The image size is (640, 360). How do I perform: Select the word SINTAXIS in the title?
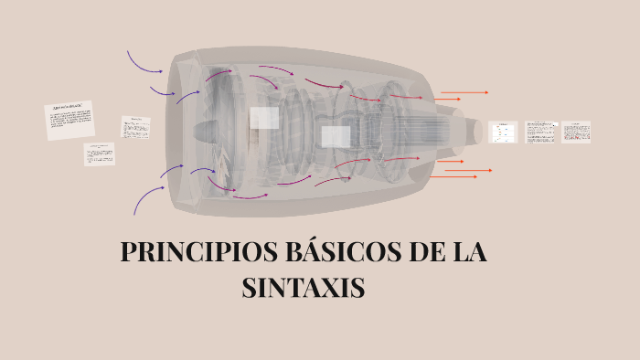pyautogui.click(x=304, y=288)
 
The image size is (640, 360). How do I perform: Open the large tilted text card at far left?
pyautogui.click(x=69, y=121)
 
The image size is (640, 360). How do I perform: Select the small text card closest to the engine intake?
pyautogui.click(x=135, y=127)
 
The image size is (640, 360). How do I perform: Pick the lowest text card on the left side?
pyautogui.click(x=100, y=154)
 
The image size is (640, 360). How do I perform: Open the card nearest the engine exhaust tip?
pyautogui.click(x=502, y=132)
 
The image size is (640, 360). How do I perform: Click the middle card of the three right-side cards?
pyautogui.click(x=541, y=132)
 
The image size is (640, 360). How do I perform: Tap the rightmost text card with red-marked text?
pyautogui.click(x=576, y=132)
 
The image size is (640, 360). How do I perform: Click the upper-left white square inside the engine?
pyautogui.click(x=264, y=118)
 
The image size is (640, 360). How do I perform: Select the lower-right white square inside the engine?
pyautogui.click(x=336, y=137)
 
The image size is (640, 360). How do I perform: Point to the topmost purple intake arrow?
pyautogui.click(x=144, y=63)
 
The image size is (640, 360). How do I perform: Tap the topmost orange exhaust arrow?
pyautogui.click(x=464, y=92)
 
